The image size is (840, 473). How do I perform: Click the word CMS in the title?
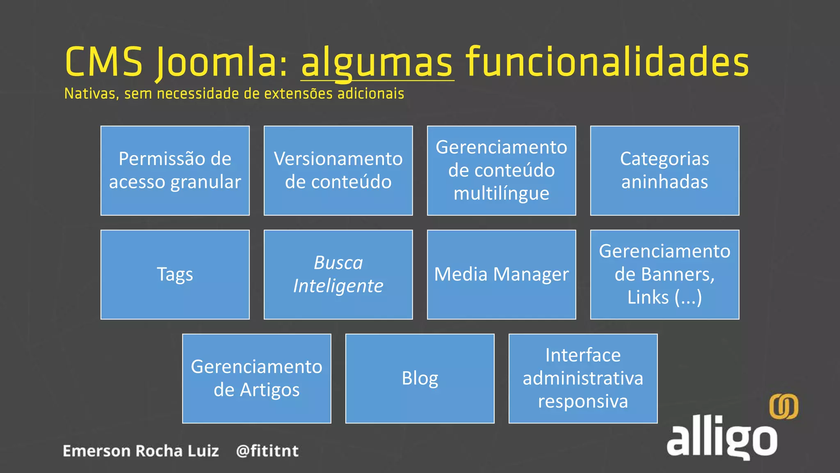coord(104,62)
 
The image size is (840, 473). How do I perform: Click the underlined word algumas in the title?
coord(377,63)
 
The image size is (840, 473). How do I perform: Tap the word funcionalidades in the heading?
coord(607,62)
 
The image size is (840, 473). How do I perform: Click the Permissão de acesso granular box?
coord(175,171)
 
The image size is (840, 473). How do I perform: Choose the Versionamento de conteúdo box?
coord(338,171)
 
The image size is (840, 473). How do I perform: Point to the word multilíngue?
coord(501,193)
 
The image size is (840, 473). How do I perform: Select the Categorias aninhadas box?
coord(664,171)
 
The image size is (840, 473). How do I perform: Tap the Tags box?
coord(175,275)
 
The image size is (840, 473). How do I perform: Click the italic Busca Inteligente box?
coord(338,275)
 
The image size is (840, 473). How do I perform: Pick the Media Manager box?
coord(501,275)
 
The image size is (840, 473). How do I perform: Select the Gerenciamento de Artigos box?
coord(257,379)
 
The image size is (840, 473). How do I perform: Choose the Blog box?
coord(420,379)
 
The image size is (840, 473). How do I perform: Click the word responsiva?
coord(583,401)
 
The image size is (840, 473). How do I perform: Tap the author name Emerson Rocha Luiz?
coord(141,451)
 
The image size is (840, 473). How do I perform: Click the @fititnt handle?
coord(267,451)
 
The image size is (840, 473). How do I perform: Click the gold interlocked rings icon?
coord(783,406)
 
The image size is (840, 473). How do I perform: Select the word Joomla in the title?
coord(221,63)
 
